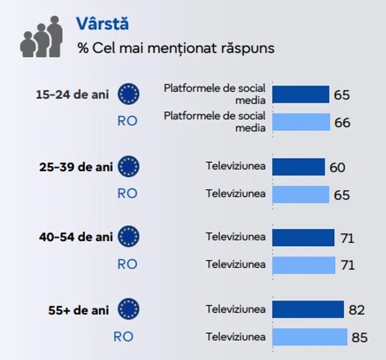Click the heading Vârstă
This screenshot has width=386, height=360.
point(103,24)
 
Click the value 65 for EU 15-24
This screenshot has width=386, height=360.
point(342,95)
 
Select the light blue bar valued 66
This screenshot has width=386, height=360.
point(301,122)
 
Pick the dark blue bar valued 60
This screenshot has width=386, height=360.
point(298,166)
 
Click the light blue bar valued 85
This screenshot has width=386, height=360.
point(310,337)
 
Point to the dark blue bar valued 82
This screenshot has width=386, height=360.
point(308,310)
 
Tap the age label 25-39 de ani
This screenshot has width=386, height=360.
point(76,166)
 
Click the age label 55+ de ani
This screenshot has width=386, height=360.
point(79,310)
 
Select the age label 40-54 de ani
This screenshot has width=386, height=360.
point(76,237)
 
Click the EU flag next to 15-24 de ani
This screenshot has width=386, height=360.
point(128,94)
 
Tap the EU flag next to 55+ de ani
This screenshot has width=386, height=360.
point(128,309)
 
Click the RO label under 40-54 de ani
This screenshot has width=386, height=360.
point(127,264)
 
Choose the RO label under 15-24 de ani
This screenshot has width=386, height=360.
point(127,121)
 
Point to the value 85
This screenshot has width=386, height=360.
point(360,337)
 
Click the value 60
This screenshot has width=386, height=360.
point(337,167)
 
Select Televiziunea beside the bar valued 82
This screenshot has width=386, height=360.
point(235,310)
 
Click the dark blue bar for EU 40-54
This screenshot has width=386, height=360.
point(303,238)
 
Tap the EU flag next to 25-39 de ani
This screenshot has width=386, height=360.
point(128,166)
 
